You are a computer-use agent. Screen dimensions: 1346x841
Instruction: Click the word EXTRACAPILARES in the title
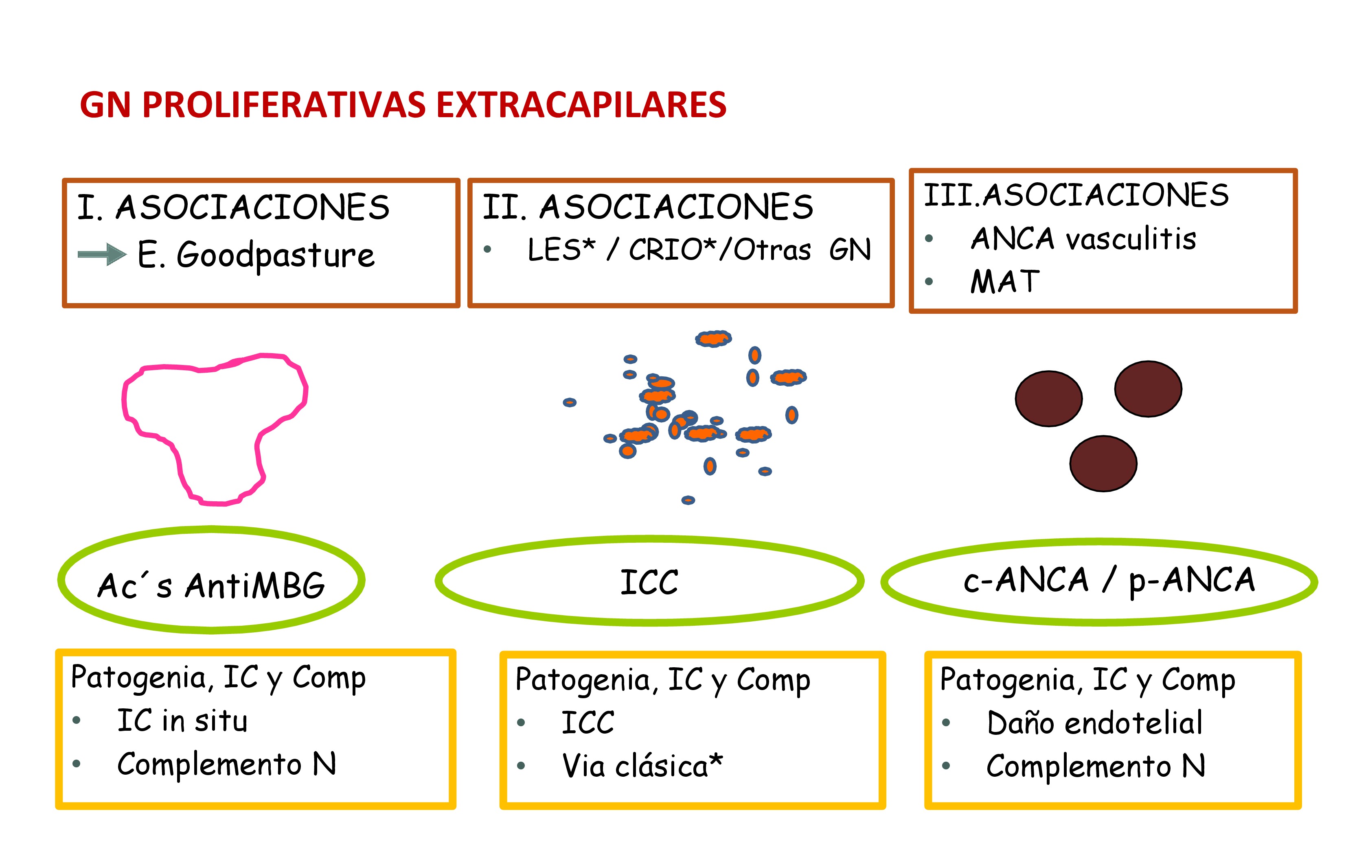click(x=581, y=105)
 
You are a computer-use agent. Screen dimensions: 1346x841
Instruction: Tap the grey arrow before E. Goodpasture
click(x=102, y=254)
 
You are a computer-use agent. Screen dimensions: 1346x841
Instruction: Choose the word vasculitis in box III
click(x=1131, y=239)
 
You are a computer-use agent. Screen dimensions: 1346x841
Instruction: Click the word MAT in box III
click(x=1005, y=282)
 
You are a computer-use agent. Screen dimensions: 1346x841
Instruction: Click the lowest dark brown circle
click(x=1103, y=463)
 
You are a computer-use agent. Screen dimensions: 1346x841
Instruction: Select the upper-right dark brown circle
click(x=1148, y=388)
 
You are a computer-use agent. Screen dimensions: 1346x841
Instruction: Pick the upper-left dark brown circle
click(x=1048, y=398)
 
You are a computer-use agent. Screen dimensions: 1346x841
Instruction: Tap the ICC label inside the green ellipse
click(x=649, y=582)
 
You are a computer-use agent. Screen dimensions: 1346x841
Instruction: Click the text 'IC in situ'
click(x=182, y=721)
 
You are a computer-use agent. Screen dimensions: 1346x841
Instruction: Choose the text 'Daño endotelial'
click(x=1094, y=723)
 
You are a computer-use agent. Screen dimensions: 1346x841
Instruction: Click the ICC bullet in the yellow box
click(x=588, y=723)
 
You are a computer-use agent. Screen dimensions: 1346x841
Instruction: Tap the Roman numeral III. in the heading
click(x=951, y=195)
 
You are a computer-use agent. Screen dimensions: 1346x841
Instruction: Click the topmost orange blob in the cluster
click(x=713, y=338)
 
